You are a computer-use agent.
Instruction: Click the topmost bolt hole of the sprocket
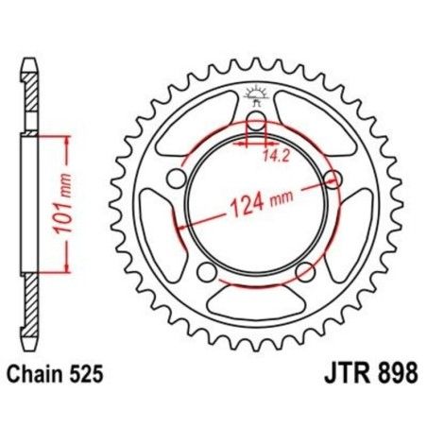[254, 122]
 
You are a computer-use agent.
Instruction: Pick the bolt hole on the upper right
[330, 178]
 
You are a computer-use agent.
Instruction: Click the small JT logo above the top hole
[253, 93]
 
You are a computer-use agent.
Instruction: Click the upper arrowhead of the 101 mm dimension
[67, 140]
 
